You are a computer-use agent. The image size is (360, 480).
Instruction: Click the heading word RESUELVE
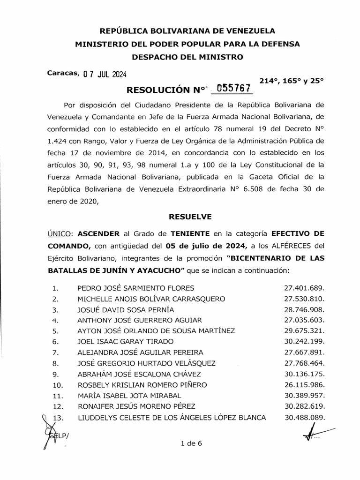(x=190, y=217)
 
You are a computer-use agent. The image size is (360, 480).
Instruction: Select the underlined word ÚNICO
(x=60, y=233)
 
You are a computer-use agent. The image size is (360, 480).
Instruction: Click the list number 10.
(x=58, y=385)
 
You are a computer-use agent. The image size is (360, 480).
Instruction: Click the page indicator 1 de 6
(x=190, y=444)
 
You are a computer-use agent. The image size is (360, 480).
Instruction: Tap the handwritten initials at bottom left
(x=52, y=431)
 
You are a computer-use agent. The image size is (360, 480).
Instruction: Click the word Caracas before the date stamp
(x=63, y=73)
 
